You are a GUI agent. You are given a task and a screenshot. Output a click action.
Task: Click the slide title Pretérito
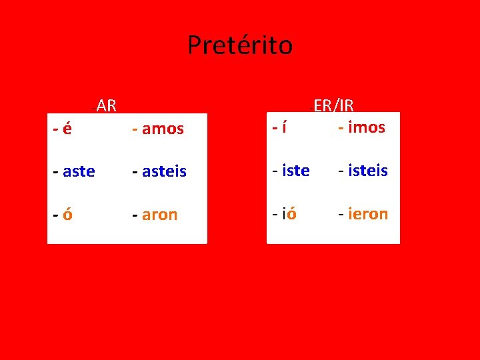tap(239, 45)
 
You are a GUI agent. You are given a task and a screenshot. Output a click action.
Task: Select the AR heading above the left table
tap(106, 105)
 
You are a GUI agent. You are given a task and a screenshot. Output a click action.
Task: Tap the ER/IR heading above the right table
tap(333, 105)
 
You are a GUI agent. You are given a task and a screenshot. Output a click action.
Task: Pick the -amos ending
tap(158, 129)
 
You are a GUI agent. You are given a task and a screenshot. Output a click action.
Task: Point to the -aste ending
tap(74, 171)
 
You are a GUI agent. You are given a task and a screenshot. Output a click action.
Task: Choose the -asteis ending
tap(159, 171)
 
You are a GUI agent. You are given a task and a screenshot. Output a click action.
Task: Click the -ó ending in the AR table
tap(63, 215)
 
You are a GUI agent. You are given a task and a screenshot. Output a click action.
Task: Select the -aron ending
tap(155, 215)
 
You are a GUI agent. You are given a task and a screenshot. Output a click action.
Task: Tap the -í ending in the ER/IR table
tap(279, 127)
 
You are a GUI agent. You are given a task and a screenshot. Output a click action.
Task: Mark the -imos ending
tap(361, 127)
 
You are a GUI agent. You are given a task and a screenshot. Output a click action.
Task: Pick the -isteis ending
tap(363, 171)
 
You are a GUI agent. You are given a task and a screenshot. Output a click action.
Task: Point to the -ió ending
tap(285, 214)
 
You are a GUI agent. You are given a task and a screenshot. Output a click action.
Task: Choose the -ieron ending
tap(363, 214)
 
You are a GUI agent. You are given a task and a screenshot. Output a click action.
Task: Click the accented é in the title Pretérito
tap(239, 45)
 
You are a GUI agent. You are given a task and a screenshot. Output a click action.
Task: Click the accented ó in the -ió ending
tap(291, 214)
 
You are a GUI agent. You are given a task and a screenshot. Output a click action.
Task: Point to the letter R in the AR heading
tap(111, 105)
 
